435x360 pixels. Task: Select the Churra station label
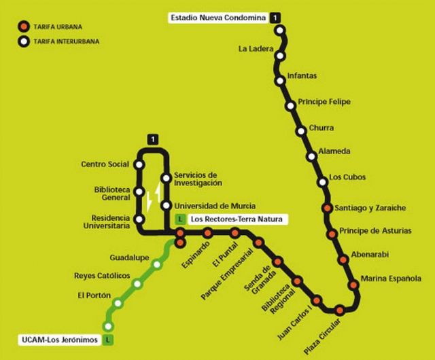321,127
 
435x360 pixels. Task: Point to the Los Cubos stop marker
323,182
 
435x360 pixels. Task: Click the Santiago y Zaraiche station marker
328,208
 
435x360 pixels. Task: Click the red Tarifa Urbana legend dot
22,27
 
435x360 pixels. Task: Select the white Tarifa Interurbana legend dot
22,41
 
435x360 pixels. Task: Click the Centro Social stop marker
139,164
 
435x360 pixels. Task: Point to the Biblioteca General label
111,194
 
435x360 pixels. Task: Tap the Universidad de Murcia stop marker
165,206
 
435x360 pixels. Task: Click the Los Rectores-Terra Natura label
235,219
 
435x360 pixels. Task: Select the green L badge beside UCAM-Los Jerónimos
108,339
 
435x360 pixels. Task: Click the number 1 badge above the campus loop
155,139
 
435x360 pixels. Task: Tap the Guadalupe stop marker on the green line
160,258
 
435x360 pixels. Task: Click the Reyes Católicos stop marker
138,283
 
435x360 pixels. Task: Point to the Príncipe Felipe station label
324,101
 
